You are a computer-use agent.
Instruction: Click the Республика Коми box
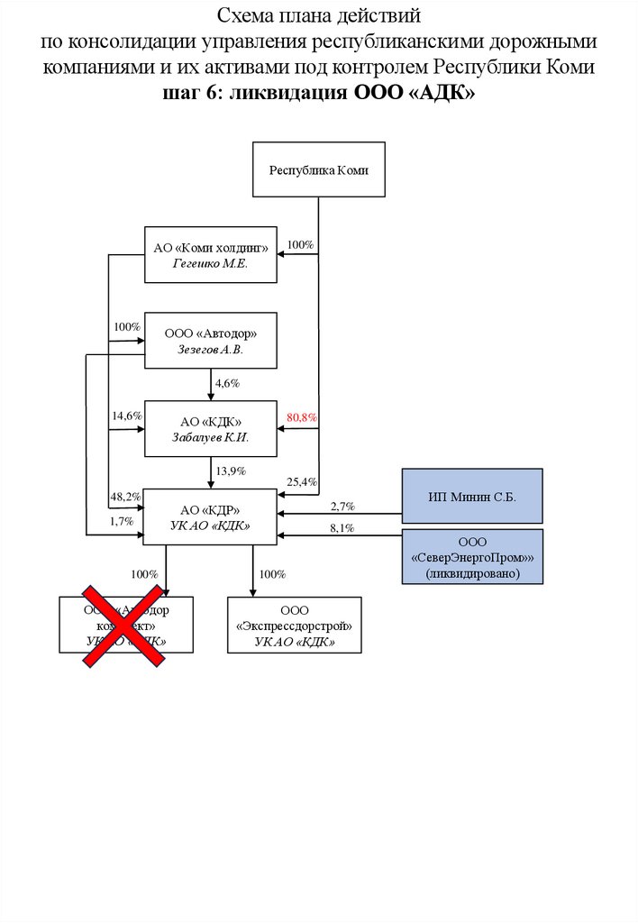pyautogui.click(x=318, y=169)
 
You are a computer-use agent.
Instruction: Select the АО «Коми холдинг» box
pyautogui.click(x=210, y=254)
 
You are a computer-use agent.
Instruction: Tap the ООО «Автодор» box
pyautogui.click(x=210, y=341)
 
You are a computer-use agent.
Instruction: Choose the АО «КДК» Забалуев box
pyautogui.click(x=210, y=428)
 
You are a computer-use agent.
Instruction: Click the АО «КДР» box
pyautogui.click(x=210, y=516)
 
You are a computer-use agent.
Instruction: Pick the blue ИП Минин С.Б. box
pyautogui.click(x=472, y=496)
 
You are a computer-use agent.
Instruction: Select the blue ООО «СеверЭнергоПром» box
pyautogui.click(x=472, y=558)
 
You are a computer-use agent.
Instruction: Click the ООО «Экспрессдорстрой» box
pyautogui.click(x=294, y=625)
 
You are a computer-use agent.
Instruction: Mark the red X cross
pyautogui.click(x=125, y=625)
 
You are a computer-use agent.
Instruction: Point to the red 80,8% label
pyautogui.click(x=302, y=418)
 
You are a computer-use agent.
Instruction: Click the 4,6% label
pyautogui.click(x=227, y=383)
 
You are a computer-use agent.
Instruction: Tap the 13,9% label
pyautogui.click(x=230, y=471)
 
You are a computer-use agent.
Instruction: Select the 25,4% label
pyautogui.click(x=302, y=482)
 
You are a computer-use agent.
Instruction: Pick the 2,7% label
pyautogui.click(x=342, y=507)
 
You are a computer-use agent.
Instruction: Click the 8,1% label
pyautogui.click(x=342, y=528)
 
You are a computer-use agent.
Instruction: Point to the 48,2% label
pyautogui.click(x=126, y=497)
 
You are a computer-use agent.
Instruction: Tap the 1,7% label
pyautogui.click(x=122, y=521)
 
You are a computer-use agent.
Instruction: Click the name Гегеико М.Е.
pyautogui.click(x=210, y=263)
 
